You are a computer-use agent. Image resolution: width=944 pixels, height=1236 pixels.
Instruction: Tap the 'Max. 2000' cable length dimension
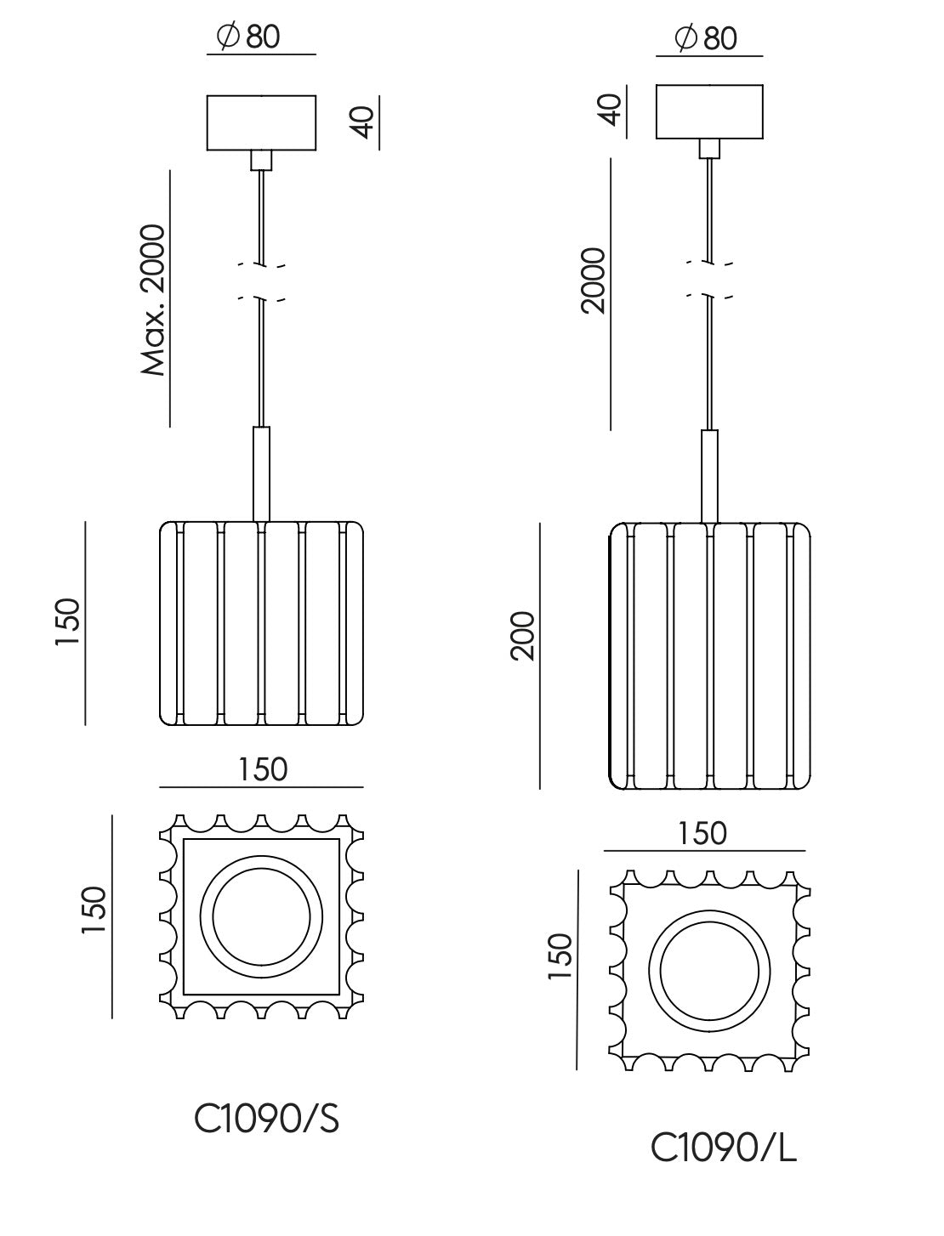(x=153, y=300)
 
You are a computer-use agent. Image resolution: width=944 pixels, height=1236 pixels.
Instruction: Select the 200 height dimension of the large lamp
(x=523, y=635)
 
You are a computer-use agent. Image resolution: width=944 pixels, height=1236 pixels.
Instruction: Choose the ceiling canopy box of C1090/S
(x=262, y=122)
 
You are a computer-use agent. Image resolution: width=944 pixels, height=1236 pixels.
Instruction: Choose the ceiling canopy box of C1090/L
(x=709, y=111)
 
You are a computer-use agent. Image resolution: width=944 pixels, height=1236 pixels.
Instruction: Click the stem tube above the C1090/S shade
(x=262, y=473)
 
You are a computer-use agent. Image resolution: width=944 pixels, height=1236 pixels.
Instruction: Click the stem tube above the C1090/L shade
(x=709, y=475)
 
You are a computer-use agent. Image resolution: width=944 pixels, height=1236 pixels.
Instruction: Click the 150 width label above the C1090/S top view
(x=262, y=769)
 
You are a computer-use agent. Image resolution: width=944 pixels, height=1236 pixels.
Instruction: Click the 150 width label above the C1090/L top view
(x=702, y=833)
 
